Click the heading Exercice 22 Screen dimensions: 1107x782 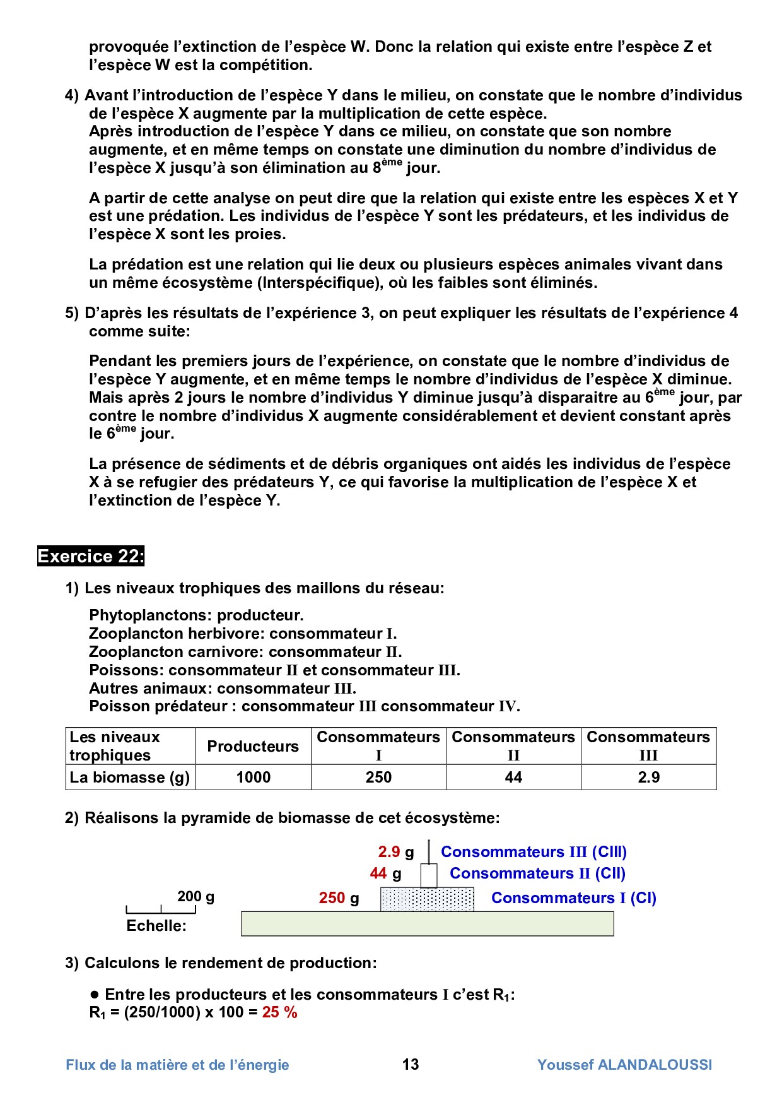tap(91, 556)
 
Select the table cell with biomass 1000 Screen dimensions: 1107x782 tap(253, 778)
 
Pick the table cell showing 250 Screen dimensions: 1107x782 tap(378, 778)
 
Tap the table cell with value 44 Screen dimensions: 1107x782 tap(513, 778)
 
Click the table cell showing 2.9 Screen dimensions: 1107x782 tap(648, 778)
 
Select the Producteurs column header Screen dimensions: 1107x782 tap(253, 746)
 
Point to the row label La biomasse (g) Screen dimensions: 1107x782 tap(130, 778)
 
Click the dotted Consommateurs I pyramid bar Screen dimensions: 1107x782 tap(427, 899)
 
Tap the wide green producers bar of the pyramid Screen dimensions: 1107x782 tap(427, 924)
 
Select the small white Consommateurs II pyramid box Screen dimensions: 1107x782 tap(429, 875)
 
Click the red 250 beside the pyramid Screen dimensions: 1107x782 tap(332, 898)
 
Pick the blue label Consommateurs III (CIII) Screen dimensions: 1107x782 tap(534, 852)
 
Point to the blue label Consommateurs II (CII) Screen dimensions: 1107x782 tap(537, 873)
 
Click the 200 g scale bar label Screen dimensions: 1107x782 tap(195, 896)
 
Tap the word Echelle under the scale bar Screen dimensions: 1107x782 tap(156, 926)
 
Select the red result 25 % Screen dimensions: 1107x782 tap(279, 1012)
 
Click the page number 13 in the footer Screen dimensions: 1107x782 tap(411, 1065)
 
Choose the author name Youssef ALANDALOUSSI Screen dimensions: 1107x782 tap(624, 1065)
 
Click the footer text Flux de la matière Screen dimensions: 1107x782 tap(177, 1065)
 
